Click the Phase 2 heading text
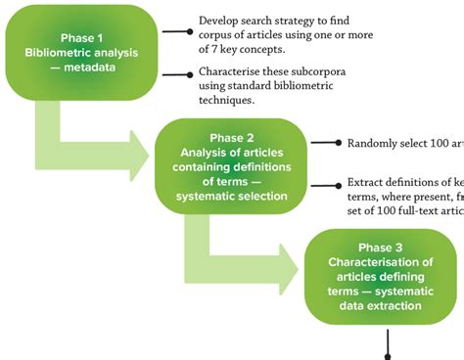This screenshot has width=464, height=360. pos(231,137)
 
